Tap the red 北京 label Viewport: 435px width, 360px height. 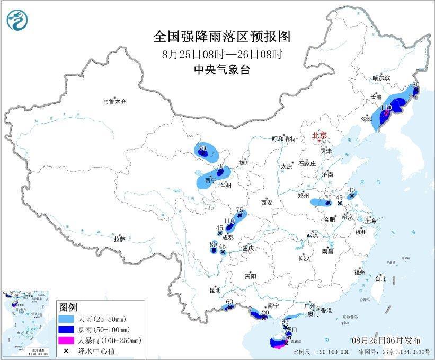tap(320, 135)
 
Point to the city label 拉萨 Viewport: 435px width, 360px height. tap(119, 239)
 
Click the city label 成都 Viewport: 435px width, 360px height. tap(228, 238)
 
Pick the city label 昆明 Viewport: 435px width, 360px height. tap(215, 290)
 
